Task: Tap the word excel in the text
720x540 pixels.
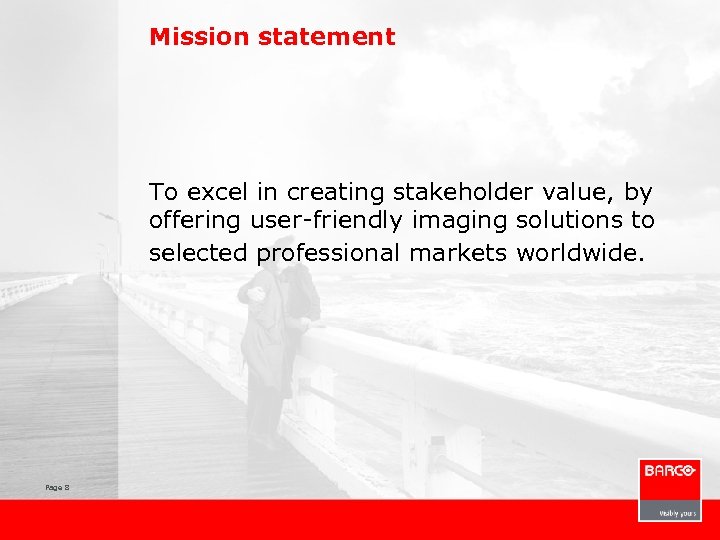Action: pyautogui.click(x=215, y=190)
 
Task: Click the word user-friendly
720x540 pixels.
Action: pyautogui.click(x=312, y=220)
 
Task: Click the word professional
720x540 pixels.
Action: pyautogui.click(x=329, y=254)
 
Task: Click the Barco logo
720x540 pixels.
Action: pyautogui.click(x=669, y=471)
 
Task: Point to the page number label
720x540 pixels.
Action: pyautogui.click(x=55, y=487)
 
